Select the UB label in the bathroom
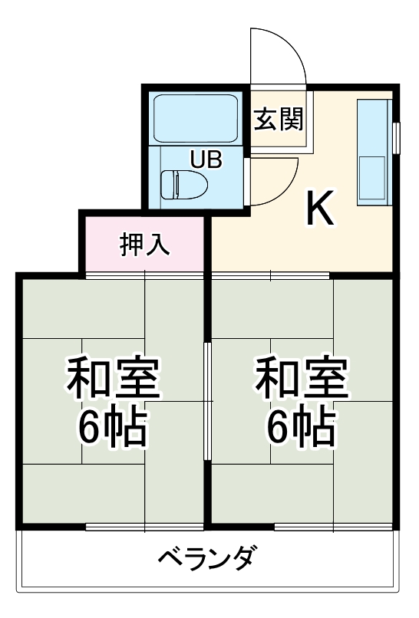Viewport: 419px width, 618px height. [206, 159]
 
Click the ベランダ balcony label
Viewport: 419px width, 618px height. [206, 557]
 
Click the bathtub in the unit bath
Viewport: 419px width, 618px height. [197, 117]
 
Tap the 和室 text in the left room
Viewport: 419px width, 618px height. [113, 378]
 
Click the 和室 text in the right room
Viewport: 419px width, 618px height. [302, 378]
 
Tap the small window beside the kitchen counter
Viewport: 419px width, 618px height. [397, 138]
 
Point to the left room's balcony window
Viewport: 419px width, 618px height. [144, 528]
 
